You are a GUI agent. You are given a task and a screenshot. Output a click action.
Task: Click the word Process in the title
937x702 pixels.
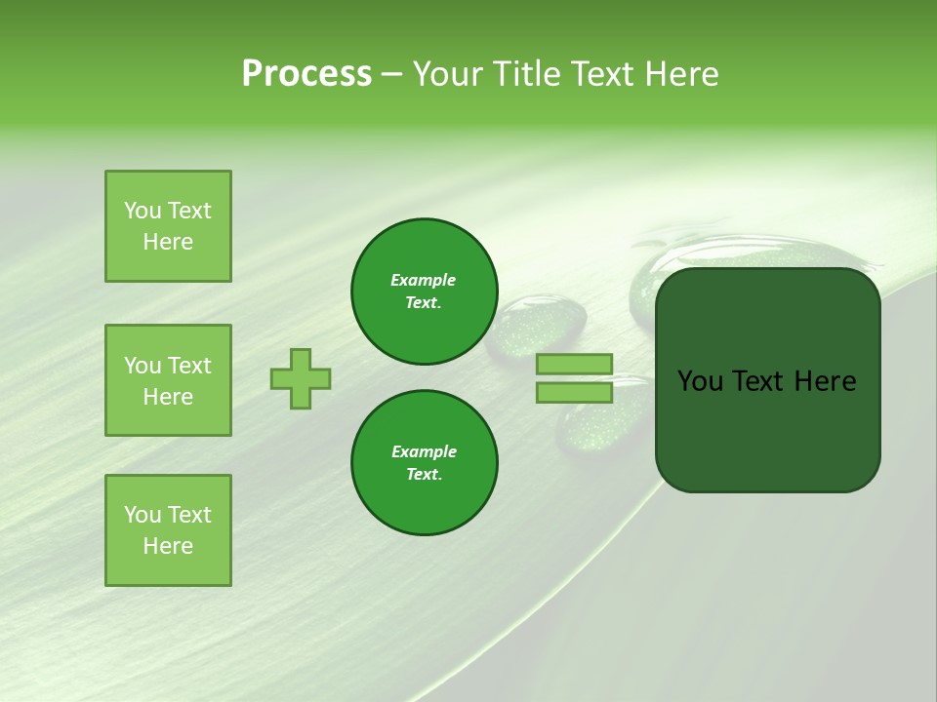click(x=306, y=74)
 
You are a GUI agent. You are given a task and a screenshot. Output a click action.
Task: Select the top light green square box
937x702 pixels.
click(x=168, y=226)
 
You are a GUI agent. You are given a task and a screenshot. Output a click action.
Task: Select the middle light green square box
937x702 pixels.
click(x=168, y=380)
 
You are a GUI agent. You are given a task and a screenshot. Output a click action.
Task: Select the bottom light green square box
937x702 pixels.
click(x=168, y=530)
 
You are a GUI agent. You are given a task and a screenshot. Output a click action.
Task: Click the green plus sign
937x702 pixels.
click(x=301, y=378)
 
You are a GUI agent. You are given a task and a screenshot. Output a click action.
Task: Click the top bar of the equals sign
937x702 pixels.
click(x=574, y=365)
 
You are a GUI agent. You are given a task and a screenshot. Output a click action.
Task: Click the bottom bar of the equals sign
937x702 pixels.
click(x=574, y=392)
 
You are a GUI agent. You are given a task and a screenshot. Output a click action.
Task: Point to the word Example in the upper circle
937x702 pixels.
click(x=424, y=280)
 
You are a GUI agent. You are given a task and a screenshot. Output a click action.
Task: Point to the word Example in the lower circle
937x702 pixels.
click(x=424, y=451)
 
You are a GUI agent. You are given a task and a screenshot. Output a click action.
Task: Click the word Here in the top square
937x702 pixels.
click(x=168, y=242)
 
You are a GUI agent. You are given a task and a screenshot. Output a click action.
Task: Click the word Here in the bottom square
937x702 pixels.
click(x=168, y=546)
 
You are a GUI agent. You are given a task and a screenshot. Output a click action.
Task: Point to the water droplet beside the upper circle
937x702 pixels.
click(x=537, y=327)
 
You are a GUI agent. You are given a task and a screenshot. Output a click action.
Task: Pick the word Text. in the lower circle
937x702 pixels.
click(x=424, y=474)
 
